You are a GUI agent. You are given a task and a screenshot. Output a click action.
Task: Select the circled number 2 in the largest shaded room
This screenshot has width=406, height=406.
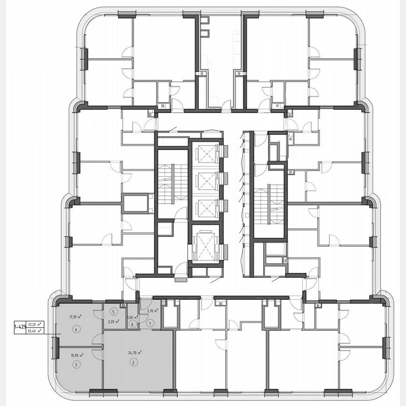click(133, 362)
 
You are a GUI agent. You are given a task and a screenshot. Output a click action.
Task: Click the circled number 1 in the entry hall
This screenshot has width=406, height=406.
click(150, 323)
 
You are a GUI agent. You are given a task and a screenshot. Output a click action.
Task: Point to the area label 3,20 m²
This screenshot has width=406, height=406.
click(113, 322)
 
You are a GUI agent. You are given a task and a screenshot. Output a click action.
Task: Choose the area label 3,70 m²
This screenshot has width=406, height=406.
click(151, 311)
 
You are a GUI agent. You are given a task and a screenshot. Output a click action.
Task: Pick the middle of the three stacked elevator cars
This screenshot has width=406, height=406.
click(206, 180)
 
